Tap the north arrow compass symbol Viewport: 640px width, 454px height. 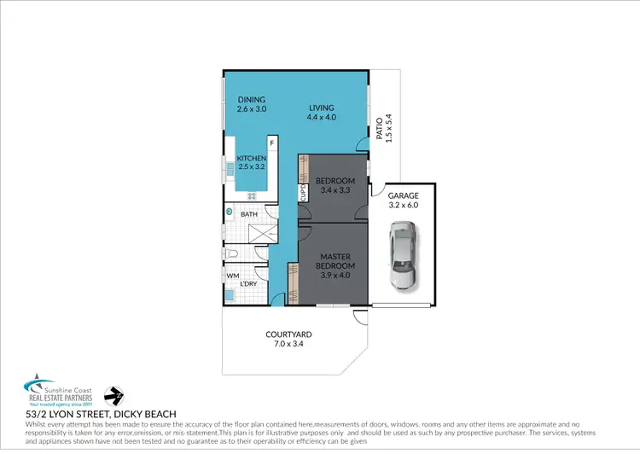113,396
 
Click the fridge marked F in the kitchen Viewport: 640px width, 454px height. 272,143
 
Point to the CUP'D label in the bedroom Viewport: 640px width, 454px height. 303,193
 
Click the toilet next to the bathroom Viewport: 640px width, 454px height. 231,255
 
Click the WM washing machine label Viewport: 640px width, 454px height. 232,276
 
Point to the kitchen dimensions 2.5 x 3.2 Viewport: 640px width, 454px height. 252,168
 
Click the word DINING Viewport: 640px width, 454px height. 252,99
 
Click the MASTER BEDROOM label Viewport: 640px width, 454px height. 336,261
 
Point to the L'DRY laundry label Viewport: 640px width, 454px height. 249,282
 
